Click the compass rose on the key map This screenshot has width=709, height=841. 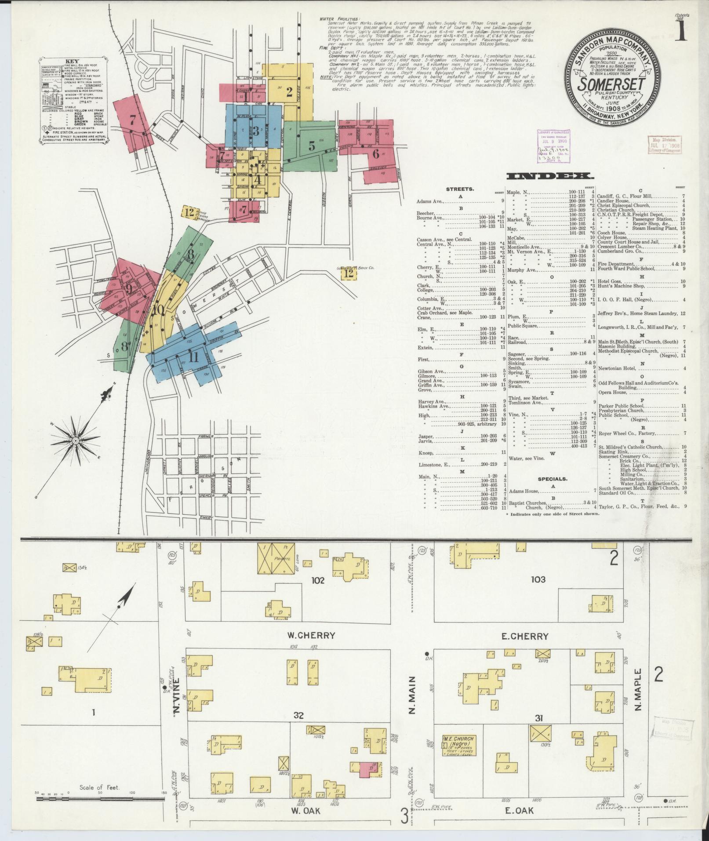75,441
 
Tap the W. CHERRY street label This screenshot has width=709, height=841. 311,635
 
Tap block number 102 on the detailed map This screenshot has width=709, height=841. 317,580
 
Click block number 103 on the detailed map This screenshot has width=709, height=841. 538,579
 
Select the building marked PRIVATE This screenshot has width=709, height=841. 279,559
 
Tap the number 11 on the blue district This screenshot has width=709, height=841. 193,357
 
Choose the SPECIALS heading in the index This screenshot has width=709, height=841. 553,479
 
